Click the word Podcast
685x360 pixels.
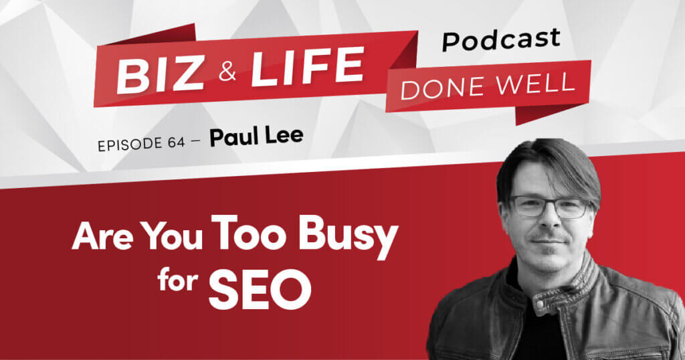(x=500, y=39)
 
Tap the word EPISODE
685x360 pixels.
(x=129, y=145)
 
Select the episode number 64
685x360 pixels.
(x=177, y=142)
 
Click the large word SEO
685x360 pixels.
(x=260, y=288)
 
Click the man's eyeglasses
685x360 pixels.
(x=549, y=205)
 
